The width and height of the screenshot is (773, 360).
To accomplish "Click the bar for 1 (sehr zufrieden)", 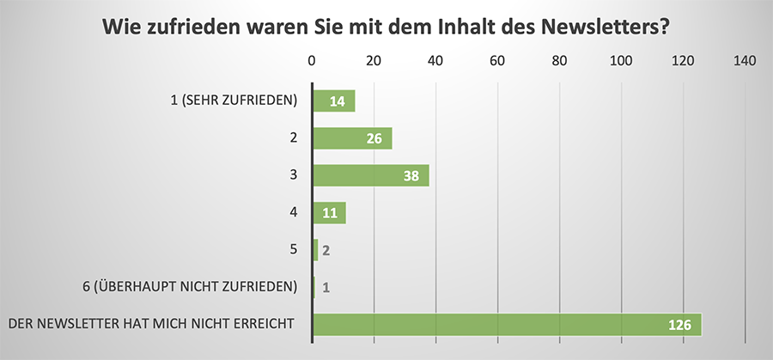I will pos(334,101).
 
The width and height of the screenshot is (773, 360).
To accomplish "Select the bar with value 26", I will pos(352,138).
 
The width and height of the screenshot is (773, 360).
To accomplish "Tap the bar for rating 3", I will pos(370,175).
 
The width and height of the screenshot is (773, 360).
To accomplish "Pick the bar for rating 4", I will pos(329,212).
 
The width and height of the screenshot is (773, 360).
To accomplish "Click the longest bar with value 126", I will pos(507,324).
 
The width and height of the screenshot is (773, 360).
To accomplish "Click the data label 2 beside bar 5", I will pos(326,250).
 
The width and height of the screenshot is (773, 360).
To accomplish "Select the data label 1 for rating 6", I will pos(326,287).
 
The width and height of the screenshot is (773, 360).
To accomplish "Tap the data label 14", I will pos(338,101).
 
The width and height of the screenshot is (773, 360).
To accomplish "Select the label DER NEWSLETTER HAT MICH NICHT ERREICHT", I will pos(151,323).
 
